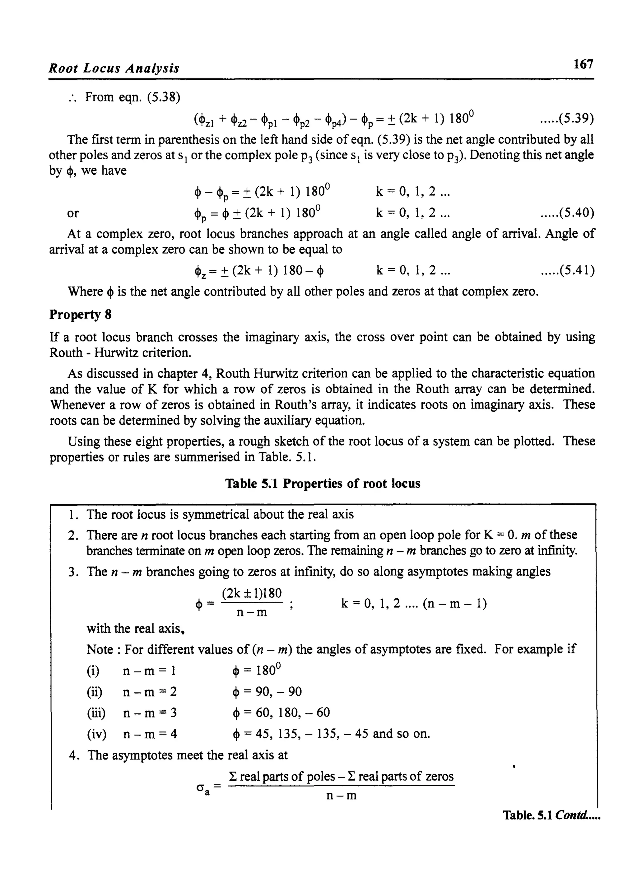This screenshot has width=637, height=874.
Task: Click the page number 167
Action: click(x=583, y=64)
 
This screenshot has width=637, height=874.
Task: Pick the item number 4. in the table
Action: click(x=74, y=755)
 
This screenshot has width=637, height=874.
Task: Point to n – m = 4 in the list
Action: click(x=150, y=734)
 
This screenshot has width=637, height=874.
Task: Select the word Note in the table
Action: click(x=100, y=650)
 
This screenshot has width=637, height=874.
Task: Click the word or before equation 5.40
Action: click(x=72, y=213)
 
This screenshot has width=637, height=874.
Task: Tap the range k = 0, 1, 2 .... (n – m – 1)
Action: click(x=414, y=603)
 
